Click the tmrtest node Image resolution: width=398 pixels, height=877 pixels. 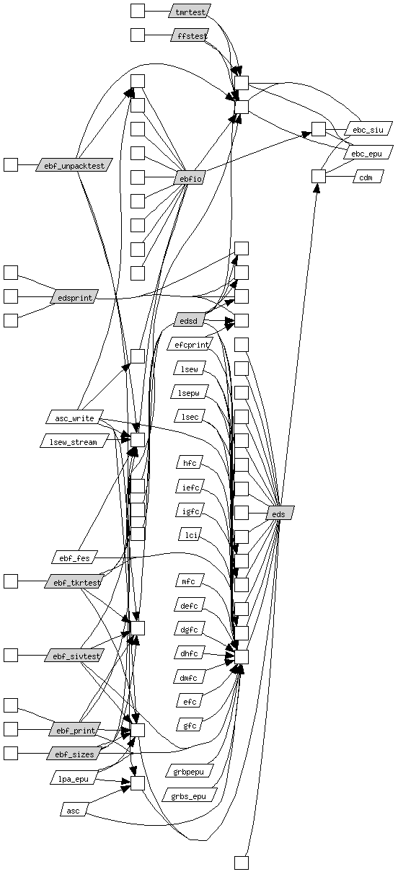190,12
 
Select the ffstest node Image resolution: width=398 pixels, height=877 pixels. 190,35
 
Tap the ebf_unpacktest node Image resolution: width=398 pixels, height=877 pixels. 74,165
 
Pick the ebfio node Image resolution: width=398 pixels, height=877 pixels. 190,178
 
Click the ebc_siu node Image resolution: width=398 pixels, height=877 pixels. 368,129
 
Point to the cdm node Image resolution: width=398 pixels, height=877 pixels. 368,177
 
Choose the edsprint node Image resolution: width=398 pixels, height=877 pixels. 74,297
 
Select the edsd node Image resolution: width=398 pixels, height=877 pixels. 189,321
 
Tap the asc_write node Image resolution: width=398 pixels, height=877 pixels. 75,418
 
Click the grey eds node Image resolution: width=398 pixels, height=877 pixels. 280,513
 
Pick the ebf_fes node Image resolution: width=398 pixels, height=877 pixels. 74,557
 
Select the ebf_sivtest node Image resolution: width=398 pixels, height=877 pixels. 74,655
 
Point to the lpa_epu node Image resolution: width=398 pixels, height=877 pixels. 73,778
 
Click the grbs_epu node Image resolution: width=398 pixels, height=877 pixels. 189,796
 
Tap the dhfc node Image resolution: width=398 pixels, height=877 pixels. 190,653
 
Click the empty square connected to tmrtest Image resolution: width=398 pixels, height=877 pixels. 138,11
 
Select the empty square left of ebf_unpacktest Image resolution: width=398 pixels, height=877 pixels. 11,165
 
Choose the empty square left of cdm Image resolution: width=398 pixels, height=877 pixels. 319,176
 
